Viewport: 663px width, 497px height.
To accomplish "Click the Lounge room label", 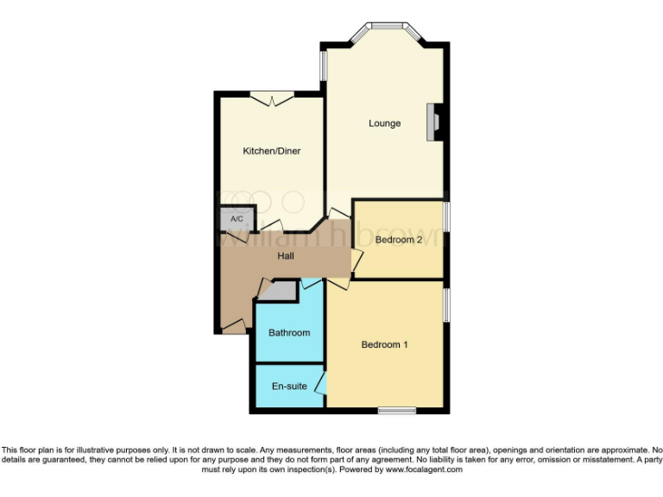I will click(384, 123).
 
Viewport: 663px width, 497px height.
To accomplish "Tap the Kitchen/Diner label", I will click(271, 152).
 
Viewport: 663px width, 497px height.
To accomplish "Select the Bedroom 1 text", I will click(384, 345).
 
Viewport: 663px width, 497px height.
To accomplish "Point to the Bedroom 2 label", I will click(398, 241).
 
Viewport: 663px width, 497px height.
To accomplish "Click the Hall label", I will click(287, 256).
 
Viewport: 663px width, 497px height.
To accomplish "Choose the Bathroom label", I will click(289, 332).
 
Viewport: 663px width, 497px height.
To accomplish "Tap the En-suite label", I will click(288, 387).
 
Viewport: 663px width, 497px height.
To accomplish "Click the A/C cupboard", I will click(237, 219).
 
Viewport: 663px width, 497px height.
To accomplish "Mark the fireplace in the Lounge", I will click(434, 123).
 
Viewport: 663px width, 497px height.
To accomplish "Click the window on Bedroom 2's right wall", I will click(445, 223).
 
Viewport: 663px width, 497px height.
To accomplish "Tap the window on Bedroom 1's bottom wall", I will click(397, 410).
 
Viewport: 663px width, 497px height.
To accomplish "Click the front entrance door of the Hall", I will click(230, 325).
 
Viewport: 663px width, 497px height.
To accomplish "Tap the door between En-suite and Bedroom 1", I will click(321, 383).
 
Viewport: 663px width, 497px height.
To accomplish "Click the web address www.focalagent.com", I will click(424, 470).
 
